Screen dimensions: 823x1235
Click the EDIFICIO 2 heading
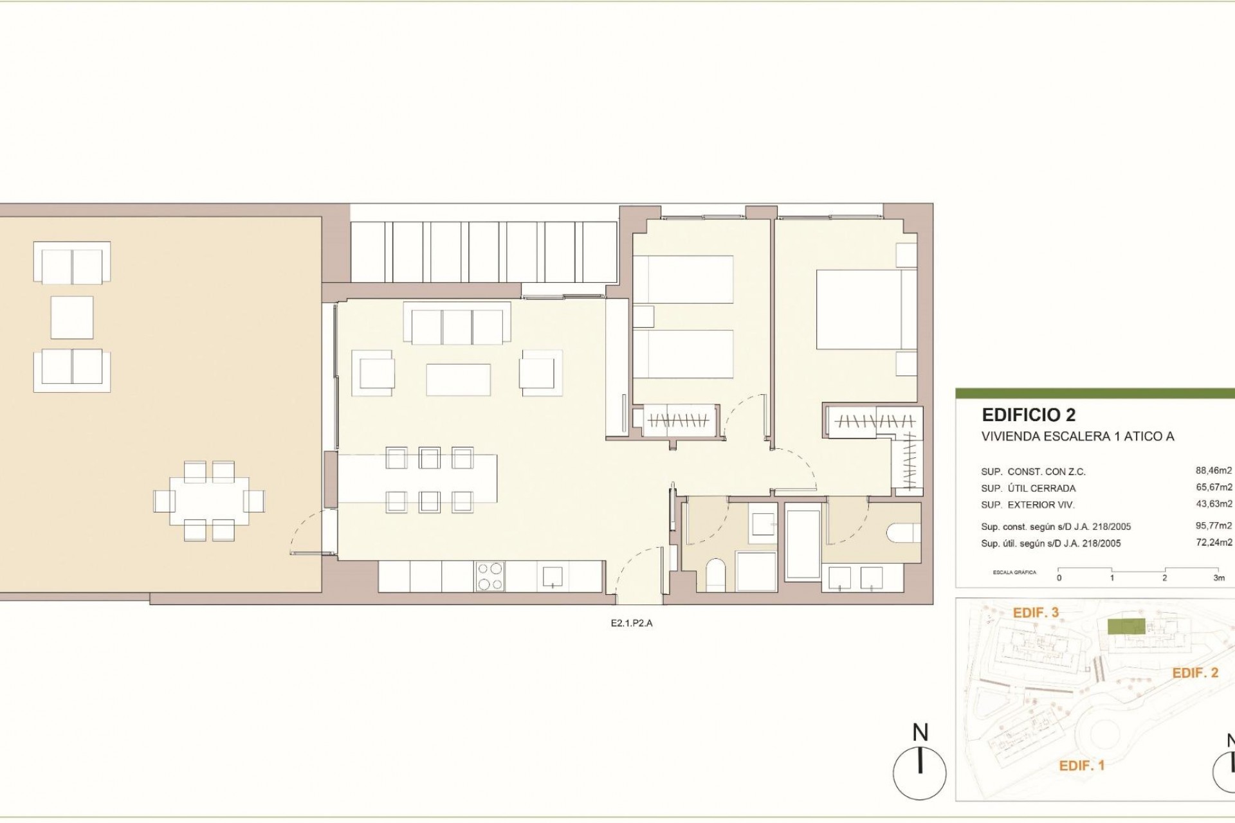tap(1029, 415)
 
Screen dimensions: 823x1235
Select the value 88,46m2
tap(1214, 471)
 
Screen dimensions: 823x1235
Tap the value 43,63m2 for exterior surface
tap(1214, 504)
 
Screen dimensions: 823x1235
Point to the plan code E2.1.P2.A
tap(632, 622)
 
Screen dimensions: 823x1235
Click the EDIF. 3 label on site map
tap(1036, 613)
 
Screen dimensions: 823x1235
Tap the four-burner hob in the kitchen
tap(489, 576)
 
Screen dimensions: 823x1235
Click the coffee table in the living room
tap(458, 379)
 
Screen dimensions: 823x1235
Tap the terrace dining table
tap(209, 501)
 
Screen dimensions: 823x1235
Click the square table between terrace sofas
tap(72, 318)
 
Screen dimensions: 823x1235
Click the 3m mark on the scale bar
tap(1218, 577)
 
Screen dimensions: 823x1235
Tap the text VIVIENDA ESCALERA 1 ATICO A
tap(1077, 437)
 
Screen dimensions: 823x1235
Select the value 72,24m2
tap(1214, 542)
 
